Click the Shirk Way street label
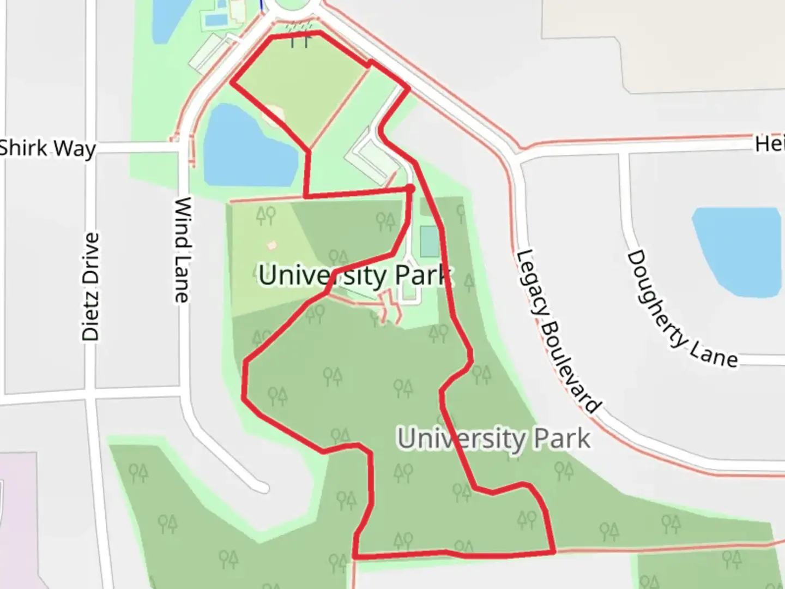(x=48, y=148)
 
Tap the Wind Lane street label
(x=182, y=250)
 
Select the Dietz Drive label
(x=91, y=287)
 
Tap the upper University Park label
(x=355, y=275)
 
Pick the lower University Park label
(x=494, y=439)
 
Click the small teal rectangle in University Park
(x=428, y=242)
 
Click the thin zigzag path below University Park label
(x=390, y=308)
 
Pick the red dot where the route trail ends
(x=410, y=188)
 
